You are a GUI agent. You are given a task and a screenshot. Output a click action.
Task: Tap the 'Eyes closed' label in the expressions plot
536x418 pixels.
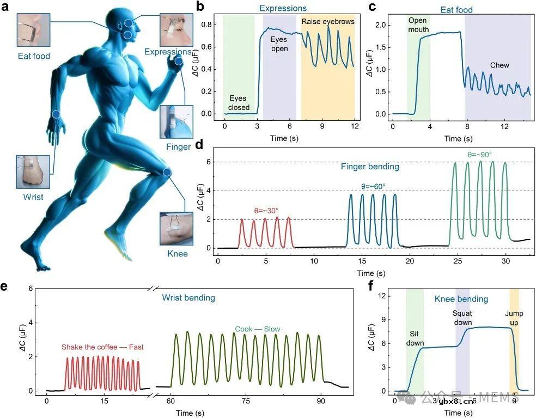239,103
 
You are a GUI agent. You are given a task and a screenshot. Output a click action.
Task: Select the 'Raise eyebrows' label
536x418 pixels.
328,22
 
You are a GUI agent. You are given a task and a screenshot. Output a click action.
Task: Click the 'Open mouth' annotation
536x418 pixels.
418,24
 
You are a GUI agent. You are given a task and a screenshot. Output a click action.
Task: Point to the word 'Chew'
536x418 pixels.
499,65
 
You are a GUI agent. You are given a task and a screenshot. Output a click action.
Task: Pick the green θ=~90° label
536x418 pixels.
479,155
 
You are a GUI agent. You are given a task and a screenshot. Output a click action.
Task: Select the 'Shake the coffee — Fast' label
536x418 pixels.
102,347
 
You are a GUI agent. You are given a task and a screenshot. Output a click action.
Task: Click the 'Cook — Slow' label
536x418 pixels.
258,329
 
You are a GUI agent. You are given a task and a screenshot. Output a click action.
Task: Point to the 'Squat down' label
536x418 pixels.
462,318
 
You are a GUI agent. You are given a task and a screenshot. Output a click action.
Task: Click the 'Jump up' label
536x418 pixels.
514,318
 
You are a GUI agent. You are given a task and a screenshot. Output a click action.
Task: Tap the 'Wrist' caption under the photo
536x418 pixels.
34,197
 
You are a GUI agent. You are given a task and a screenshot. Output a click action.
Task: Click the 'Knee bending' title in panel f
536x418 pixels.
461,299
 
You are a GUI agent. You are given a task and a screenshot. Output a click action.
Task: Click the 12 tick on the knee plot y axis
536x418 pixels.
382,296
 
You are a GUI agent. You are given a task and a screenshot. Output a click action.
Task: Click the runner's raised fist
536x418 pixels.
178,62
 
